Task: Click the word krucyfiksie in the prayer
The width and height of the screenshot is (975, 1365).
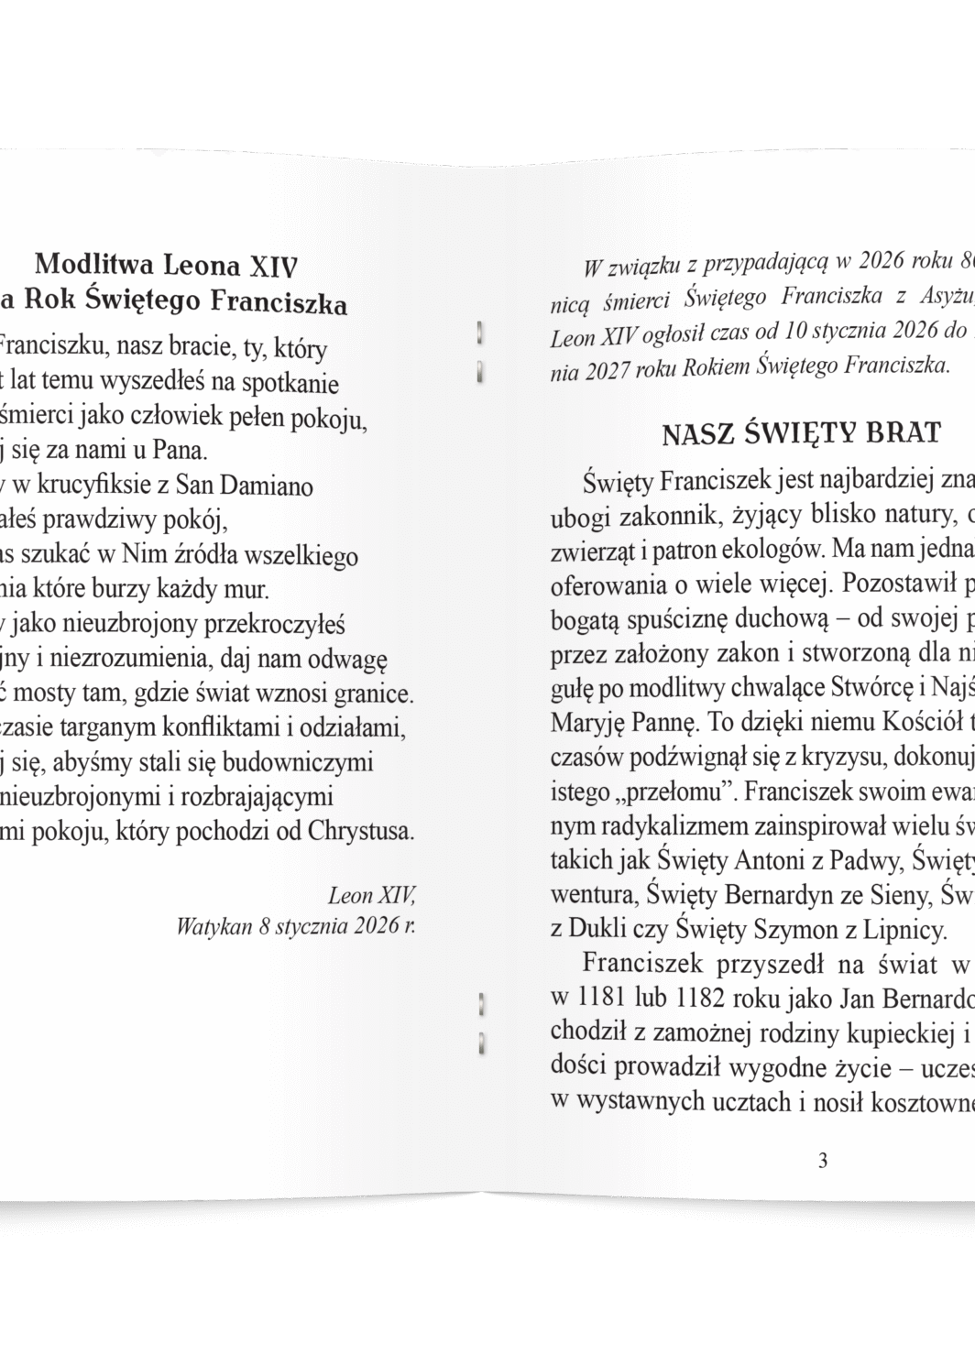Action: click(x=89, y=486)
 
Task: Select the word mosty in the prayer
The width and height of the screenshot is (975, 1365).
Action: click(x=49, y=694)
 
